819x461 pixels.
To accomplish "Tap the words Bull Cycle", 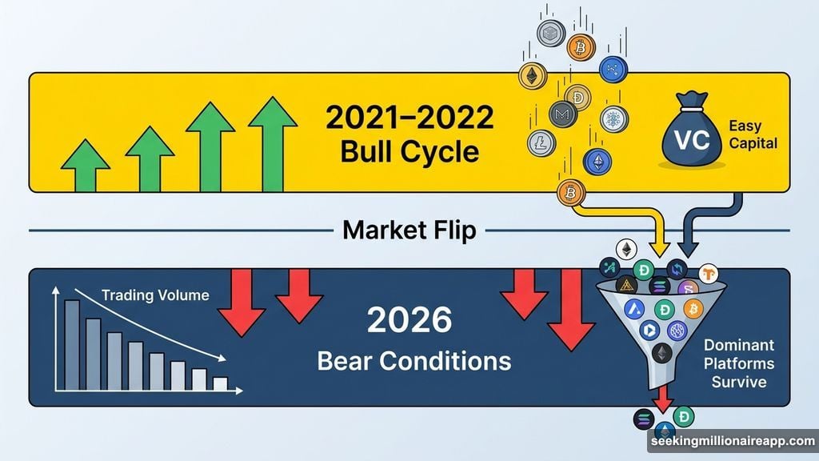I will tap(409, 152).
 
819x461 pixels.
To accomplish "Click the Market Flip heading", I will tap(409, 230).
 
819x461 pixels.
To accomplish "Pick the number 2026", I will tap(409, 322).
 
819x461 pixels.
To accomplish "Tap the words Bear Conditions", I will tap(413, 360).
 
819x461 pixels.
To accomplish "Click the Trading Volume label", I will tap(155, 296).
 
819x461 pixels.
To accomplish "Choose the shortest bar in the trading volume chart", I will tap(220, 383).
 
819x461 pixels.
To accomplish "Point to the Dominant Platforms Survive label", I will tap(739, 363).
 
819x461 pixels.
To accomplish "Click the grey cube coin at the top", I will tap(550, 34).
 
